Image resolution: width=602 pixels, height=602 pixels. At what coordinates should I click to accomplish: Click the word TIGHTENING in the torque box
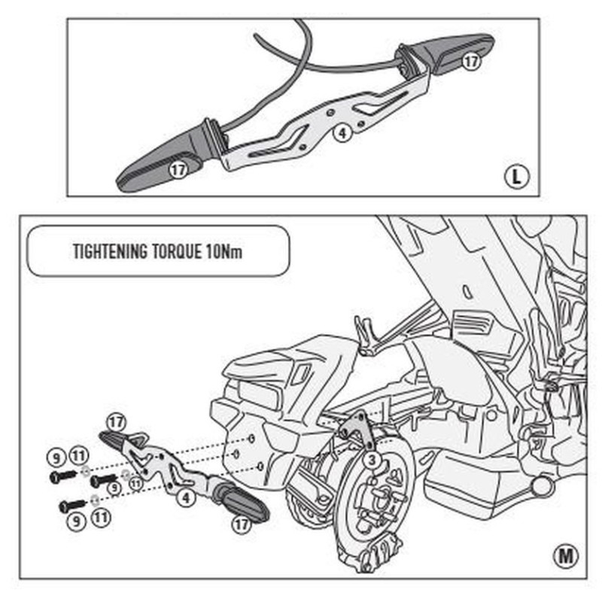point(110,251)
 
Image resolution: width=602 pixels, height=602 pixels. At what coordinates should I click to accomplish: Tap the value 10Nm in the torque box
point(224,251)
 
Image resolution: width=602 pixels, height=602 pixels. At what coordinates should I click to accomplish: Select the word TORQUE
point(177,251)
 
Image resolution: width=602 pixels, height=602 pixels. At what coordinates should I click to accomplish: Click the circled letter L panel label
point(516,177)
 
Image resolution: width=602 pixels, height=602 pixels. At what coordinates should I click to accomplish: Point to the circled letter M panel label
point(566,555)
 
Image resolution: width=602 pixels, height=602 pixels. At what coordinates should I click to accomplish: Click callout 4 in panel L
point(342,133)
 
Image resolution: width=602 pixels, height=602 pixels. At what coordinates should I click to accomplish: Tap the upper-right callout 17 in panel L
point(471,62)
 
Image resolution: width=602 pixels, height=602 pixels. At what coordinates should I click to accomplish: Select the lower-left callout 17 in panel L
point(178,169)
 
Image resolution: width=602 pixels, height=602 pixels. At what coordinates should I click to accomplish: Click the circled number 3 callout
point(372,460)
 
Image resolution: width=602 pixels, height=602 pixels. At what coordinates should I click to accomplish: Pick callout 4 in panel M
point(186,498)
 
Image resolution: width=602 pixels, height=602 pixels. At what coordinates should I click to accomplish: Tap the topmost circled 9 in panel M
point(56,458)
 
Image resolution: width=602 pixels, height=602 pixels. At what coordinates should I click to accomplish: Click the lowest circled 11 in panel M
point(101,517)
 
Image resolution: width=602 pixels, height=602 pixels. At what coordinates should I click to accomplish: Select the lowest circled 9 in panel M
point(77,521)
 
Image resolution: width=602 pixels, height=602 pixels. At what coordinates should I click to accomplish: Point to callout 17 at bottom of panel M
point(242,524)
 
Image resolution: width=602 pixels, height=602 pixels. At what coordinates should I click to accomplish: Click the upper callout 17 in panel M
point(117,422)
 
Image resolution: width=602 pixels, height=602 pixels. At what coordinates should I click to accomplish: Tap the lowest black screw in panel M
point(72,506)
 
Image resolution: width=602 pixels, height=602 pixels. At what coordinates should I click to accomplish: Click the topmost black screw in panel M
point(63,476)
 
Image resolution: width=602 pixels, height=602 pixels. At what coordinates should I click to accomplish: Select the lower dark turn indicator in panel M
point(240,500)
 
